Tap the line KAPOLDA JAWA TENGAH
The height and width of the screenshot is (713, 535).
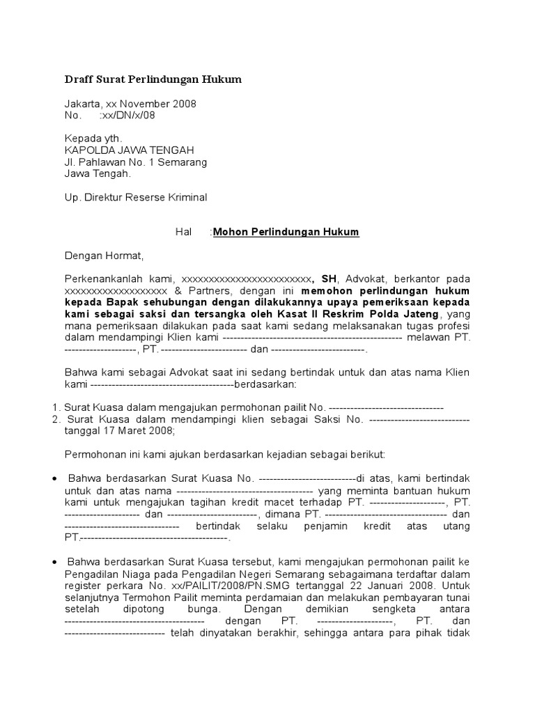[x=129, y=150]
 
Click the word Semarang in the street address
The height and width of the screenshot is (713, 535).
[x=183, y=162]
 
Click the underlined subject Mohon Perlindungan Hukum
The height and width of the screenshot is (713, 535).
[x=286, y=232]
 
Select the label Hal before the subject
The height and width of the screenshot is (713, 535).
[x=183, y=232]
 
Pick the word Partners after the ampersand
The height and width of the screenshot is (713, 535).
[x=205, y=290]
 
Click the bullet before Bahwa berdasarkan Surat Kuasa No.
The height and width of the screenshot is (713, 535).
[x=56, y=479]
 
